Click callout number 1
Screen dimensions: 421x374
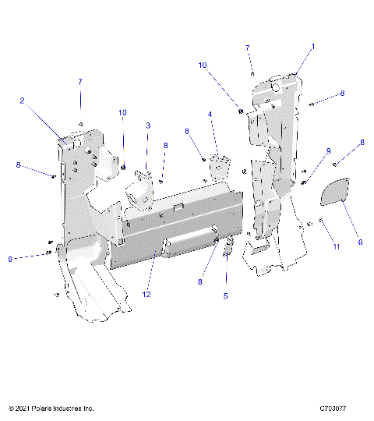(x=313, y=47)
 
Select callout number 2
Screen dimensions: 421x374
(x=22, y=101)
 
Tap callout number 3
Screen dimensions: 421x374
(x=147, y=126)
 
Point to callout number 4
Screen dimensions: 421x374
(x=210, y=114)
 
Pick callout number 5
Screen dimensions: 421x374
(x=225, y=296)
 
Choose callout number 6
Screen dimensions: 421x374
(x=360, y=242)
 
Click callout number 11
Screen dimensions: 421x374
(x=337, y=246)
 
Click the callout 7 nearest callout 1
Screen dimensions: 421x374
(x=248, y=48)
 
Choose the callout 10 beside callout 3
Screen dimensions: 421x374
(x=122, y=113)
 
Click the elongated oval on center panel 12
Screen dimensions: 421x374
(x=190, y=245)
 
